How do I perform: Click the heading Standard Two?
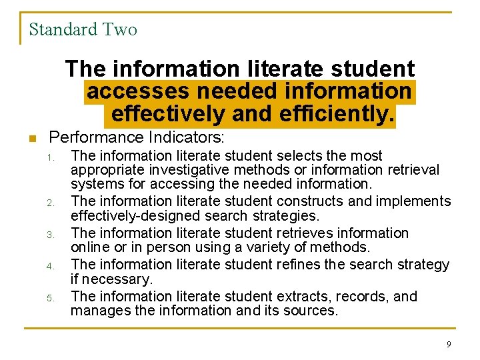(83, 29)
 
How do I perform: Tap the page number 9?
(449, 344)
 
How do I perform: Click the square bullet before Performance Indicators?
(31, 139)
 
